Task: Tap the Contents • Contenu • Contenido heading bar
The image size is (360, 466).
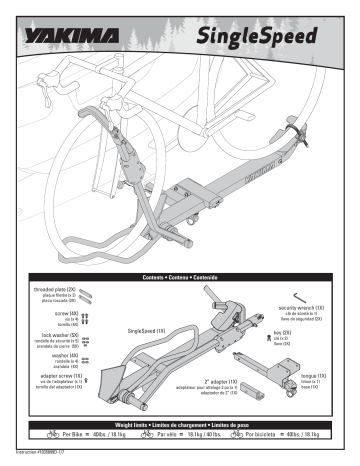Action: click(x=180, y=273)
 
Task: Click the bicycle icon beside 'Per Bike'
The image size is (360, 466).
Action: click(x=46, y=438)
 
